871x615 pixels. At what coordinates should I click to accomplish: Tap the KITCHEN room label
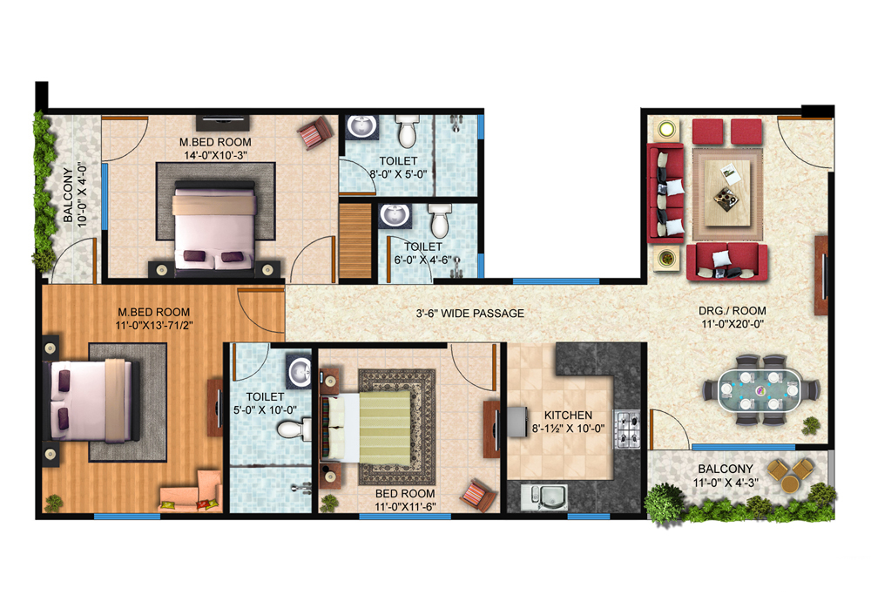click(x=568, y=416)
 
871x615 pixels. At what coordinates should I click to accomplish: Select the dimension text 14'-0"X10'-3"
click(x=215, y=156)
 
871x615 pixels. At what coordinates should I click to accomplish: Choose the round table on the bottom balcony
click(x=794, y=476)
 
